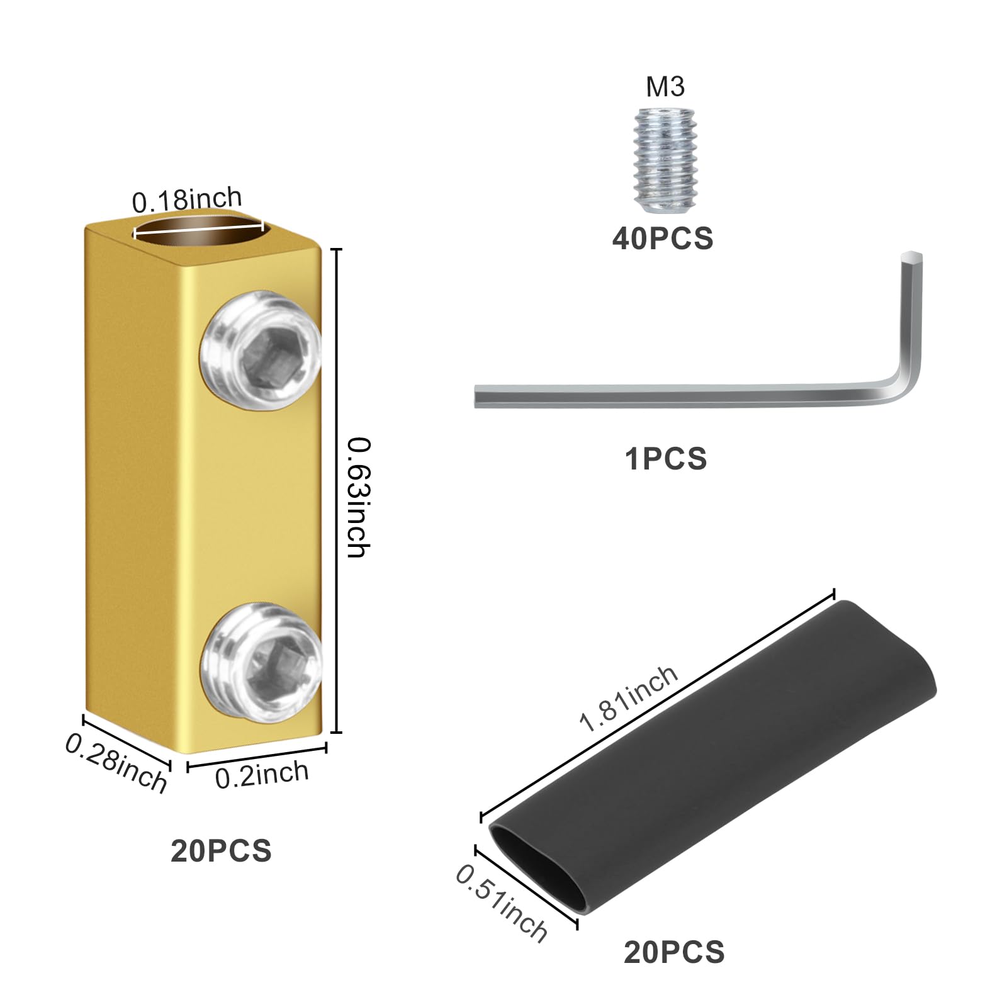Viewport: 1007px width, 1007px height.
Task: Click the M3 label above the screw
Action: [665, 87]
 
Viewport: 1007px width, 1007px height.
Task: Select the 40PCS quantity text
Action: [663, 239]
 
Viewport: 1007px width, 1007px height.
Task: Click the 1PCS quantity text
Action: [665, 459]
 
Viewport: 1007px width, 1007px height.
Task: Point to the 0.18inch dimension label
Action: [187, 200]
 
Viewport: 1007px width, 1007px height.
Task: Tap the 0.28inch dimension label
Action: [116, 763]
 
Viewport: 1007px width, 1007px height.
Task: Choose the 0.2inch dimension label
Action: [262, 774]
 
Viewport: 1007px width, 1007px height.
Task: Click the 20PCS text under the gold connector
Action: [221, 851]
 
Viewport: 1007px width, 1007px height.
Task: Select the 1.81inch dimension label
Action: [627, 699]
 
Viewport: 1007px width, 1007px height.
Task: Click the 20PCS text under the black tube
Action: [674, 952]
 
